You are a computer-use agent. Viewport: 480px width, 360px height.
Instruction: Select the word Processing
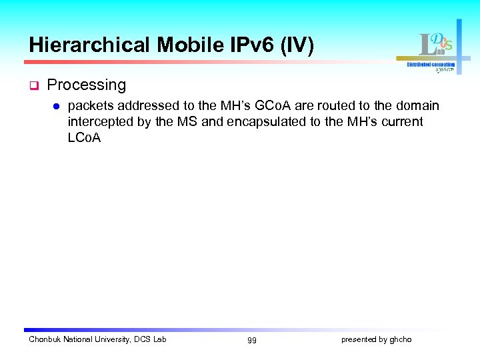pos(87,85)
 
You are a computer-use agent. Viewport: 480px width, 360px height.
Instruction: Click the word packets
pos(91,106)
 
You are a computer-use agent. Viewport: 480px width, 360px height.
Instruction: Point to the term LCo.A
pos(84,138)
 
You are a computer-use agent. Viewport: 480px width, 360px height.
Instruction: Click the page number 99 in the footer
pos(251,340)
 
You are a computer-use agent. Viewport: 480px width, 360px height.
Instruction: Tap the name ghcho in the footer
pos(401,340)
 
